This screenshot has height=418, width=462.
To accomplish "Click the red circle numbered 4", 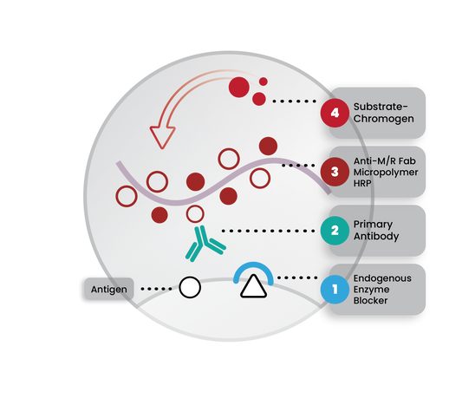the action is point(335,113).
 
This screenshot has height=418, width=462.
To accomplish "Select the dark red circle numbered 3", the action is point(335,172).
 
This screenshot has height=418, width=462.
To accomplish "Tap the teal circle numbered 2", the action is point(335,231).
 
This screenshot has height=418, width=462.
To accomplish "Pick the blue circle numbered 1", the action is point(335,289).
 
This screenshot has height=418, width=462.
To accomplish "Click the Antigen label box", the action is point(109,289).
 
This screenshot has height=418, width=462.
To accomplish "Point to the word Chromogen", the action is point(384,119).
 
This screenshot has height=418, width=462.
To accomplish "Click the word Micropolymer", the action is point(386,173).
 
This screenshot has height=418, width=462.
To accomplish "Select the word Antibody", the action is point(376,237).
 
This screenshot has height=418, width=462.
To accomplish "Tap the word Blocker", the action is point(370,301).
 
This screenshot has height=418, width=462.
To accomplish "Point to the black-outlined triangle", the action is point(253,287).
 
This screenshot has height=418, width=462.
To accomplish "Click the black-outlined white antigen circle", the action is point(190,287).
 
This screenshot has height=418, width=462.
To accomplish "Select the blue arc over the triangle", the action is point(253,264).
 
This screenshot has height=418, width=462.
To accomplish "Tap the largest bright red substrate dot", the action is point(239,88).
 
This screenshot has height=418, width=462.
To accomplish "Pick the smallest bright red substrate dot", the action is point(264,82).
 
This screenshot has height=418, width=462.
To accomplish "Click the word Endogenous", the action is point(382,278).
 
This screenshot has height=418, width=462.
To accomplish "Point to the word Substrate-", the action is point(381,107).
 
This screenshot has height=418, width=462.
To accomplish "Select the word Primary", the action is point(373,225).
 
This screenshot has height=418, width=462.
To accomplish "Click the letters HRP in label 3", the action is point(362,183).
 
